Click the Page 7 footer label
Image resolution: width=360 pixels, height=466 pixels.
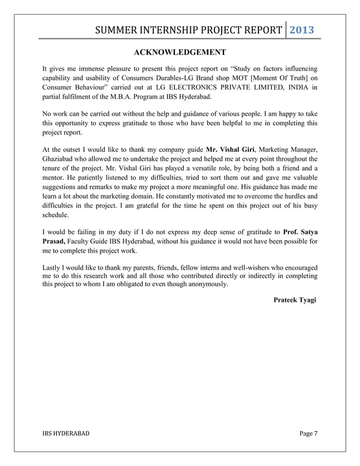(x=308, y=433)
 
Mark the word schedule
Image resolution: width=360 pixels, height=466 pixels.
(x=57, y=216)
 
